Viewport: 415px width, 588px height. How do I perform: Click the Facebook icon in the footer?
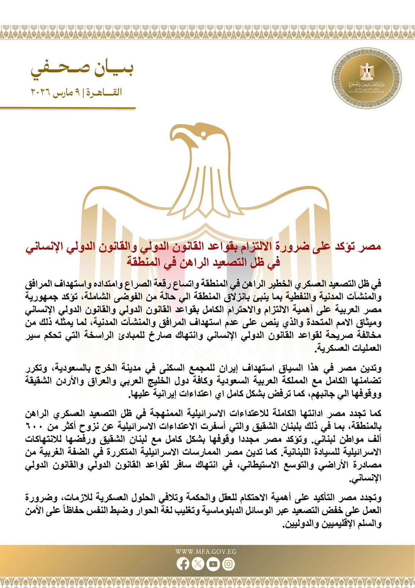click(183, 564)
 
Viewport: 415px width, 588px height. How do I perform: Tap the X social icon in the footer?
click(198, 564)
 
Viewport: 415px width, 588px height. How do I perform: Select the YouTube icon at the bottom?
click(213, 564)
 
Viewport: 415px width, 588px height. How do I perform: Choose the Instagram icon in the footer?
click(228, 564)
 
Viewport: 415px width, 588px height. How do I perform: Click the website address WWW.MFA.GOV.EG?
click(206, 552)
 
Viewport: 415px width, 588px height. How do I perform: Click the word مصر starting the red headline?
click(371, 247)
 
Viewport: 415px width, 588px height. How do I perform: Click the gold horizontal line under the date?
click(68, 108)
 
